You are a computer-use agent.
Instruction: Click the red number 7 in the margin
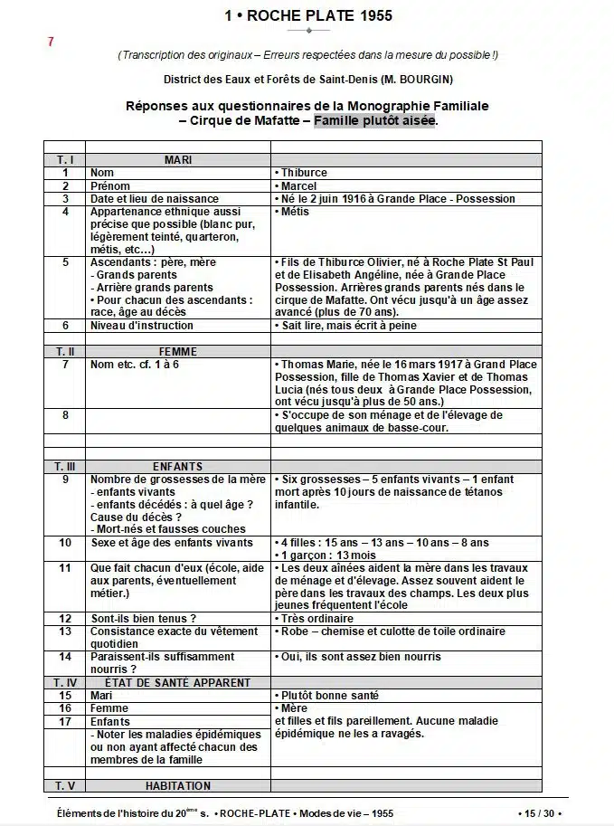click(51, 42)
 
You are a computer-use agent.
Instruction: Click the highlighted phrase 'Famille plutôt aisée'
click(374, 120)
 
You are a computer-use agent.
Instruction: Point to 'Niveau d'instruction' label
click(142, 326)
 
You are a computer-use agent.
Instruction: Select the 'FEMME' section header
click(177, 351)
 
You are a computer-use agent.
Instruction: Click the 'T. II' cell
click(65, 351)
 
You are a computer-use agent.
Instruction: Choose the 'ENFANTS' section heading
click(177, 466)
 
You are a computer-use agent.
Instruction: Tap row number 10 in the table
click(65, 543)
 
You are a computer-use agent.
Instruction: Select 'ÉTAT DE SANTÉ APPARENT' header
click(177, 683)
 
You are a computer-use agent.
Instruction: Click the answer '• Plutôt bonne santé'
click(326, 696)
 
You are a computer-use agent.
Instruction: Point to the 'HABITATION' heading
click(177, 785)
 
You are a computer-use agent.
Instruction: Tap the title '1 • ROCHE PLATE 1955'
click(308, 15)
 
